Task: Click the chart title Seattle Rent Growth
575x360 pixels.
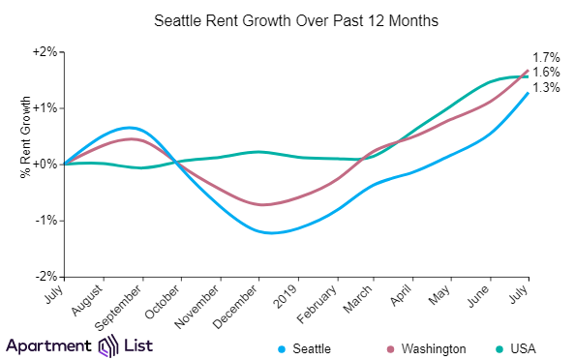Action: click(287, 19)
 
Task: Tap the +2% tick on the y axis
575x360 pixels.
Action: click(45, 51)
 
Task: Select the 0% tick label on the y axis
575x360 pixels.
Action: click(47, 165)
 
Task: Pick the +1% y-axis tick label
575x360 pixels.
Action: click(45, 107)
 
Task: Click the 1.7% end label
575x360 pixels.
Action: click(548, 59)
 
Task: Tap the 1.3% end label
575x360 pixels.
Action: click(548, 88)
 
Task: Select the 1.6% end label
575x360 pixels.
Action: click(548, 73)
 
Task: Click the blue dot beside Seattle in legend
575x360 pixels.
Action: click(282, 347)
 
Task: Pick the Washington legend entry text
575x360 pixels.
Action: click(435, 347)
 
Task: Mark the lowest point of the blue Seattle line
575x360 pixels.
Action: click(270, 233)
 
